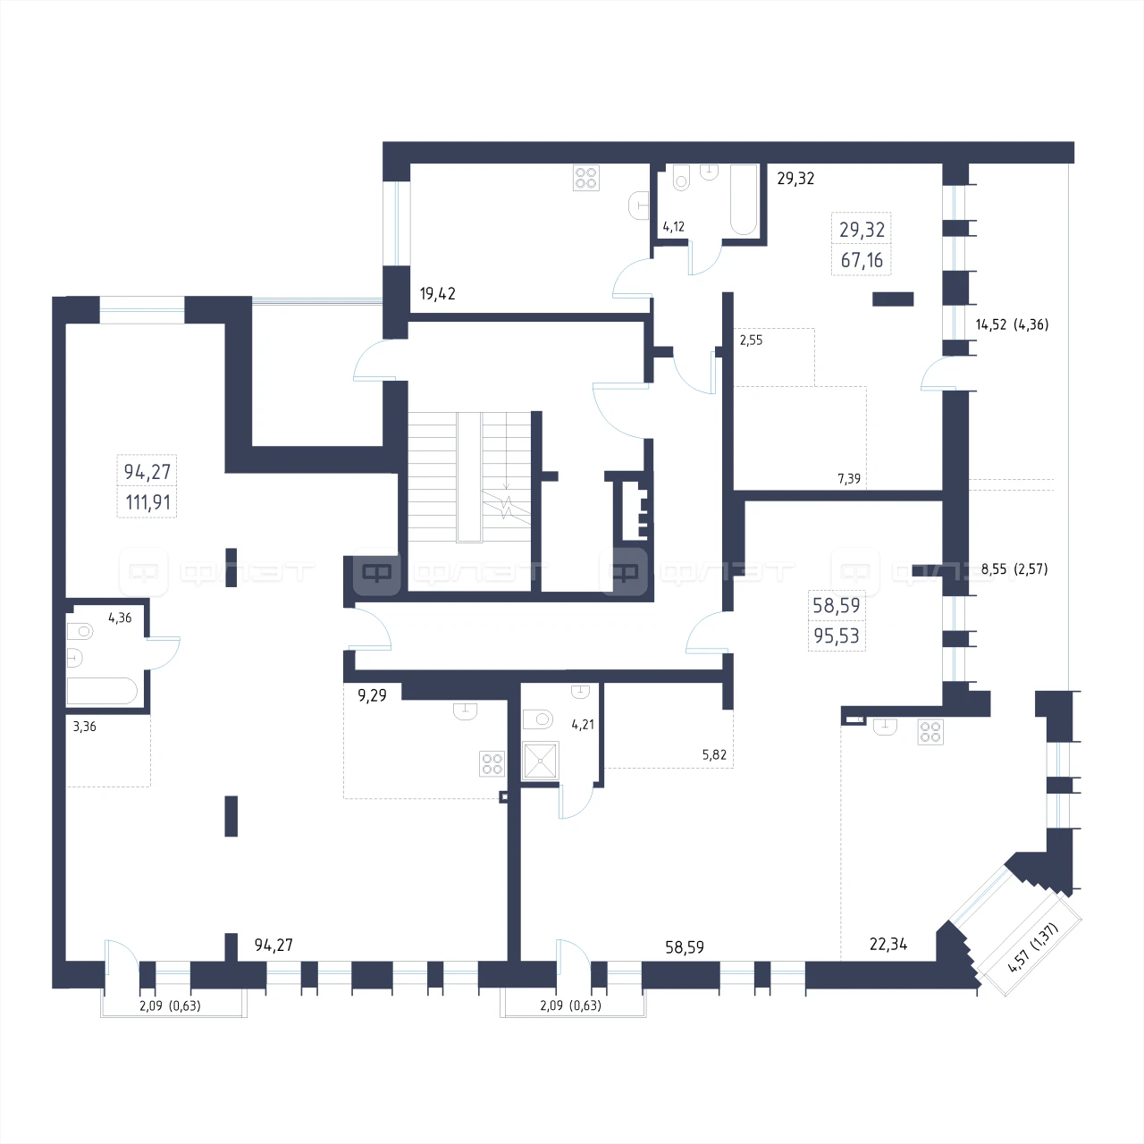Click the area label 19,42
click(438, 294)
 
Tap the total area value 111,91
click(147, 503)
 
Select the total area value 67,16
click(862, 260)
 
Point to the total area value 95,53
click(837, 635)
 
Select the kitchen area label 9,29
click(372, 695)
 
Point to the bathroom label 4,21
click(583, 724)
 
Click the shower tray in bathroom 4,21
click(540, 761)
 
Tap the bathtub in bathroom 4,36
click(102, 691)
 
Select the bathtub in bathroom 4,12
click(744, 199)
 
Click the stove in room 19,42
click(586, 178)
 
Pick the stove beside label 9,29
click(492, 764)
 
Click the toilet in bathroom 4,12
click(682, 178)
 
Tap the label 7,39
click(849, 478)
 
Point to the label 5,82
click(714, 754)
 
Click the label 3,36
click(84, 727)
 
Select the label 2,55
click(751, 341)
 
